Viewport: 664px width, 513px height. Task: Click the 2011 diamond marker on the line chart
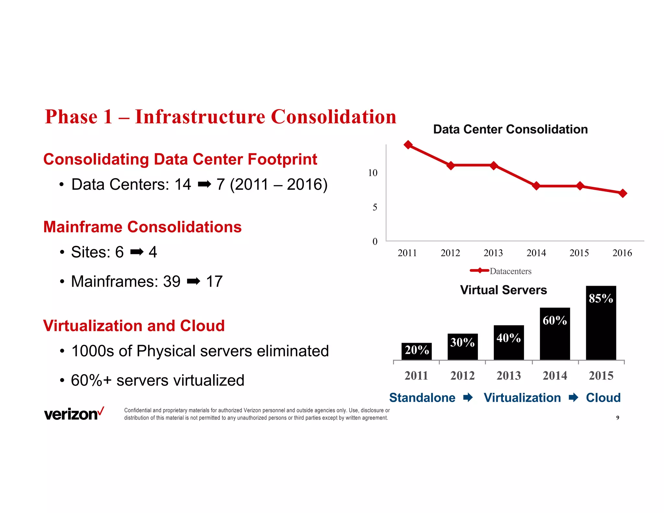point(408,145)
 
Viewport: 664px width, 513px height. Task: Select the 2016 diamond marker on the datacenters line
point(623,193)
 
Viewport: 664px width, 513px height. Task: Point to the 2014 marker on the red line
point(537,186)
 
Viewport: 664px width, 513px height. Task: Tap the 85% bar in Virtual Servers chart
point(601,323)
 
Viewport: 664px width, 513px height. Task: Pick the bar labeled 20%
point(417,351)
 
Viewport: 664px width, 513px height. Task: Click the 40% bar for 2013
point(509,342)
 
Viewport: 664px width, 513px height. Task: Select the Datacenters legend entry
point(501,271)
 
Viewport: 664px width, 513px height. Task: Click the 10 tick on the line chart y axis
point(373,173)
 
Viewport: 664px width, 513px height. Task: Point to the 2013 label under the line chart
point(493,253)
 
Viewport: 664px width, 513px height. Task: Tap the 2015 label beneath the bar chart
point(601,376)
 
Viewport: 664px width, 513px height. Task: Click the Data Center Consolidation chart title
point(510,129)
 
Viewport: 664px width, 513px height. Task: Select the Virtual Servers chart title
point(503,290)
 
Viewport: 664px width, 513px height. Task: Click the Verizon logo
point(74,414)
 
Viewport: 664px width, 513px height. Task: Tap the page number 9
point(617,418)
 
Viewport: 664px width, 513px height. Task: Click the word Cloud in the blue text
point(603,398)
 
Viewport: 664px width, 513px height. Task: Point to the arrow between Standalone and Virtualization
point(468,398)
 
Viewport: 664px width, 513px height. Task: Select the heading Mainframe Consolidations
point(142,227)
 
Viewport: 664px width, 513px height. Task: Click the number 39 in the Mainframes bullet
point(172,281)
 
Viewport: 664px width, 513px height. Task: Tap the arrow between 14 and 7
point(204,185)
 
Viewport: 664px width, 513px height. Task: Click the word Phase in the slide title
point(71,117)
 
